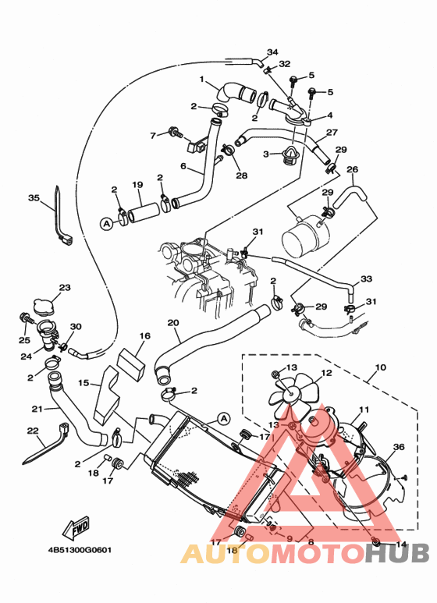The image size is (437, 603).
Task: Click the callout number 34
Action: coord(272,52)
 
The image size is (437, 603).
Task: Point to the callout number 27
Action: coord(332,132)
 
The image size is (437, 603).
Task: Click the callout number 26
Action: coord(352,169)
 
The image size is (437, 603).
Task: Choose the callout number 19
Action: coord(137,185)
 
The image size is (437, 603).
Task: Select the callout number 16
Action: coord(144,336)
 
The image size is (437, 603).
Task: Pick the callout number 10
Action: coord(381,366)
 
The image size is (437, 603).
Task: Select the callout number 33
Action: coord(366,278)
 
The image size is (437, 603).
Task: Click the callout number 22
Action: coord(32,431)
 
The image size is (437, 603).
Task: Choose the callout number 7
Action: coord(153,135)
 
